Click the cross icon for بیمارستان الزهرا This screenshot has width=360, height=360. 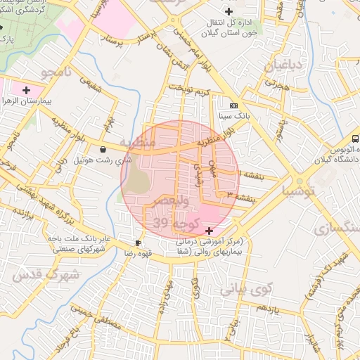coord(27,90)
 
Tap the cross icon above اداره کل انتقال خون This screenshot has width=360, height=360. coord(229,11)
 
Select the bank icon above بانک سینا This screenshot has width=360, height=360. coord(233,105)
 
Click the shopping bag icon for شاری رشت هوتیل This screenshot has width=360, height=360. coord(104,148)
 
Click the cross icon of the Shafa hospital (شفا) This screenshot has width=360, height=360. coord(209,231)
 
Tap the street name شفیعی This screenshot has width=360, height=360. coord(92,87)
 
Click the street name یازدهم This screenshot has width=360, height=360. coord(268,309)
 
